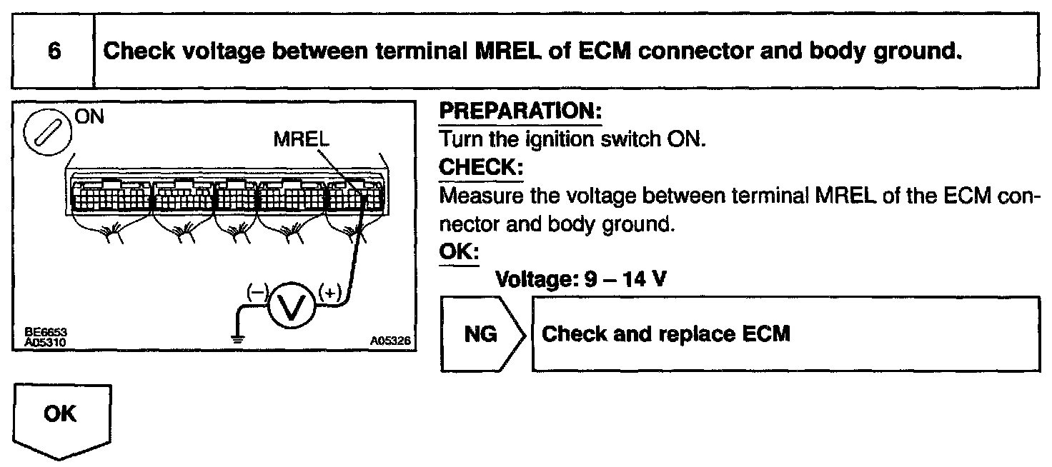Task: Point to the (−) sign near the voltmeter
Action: pyautogui.click(x=256, y=291)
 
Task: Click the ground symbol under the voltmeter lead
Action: pyautogui.click(x=237, y=337)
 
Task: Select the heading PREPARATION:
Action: pyautogui.click(x=520, y=113)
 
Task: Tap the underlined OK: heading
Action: pyautogui.click(x=457, y=253)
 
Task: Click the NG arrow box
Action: pyautogui.click(x=483, y=334)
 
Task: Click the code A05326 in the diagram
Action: pyautogui.click(x=390, y=341)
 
